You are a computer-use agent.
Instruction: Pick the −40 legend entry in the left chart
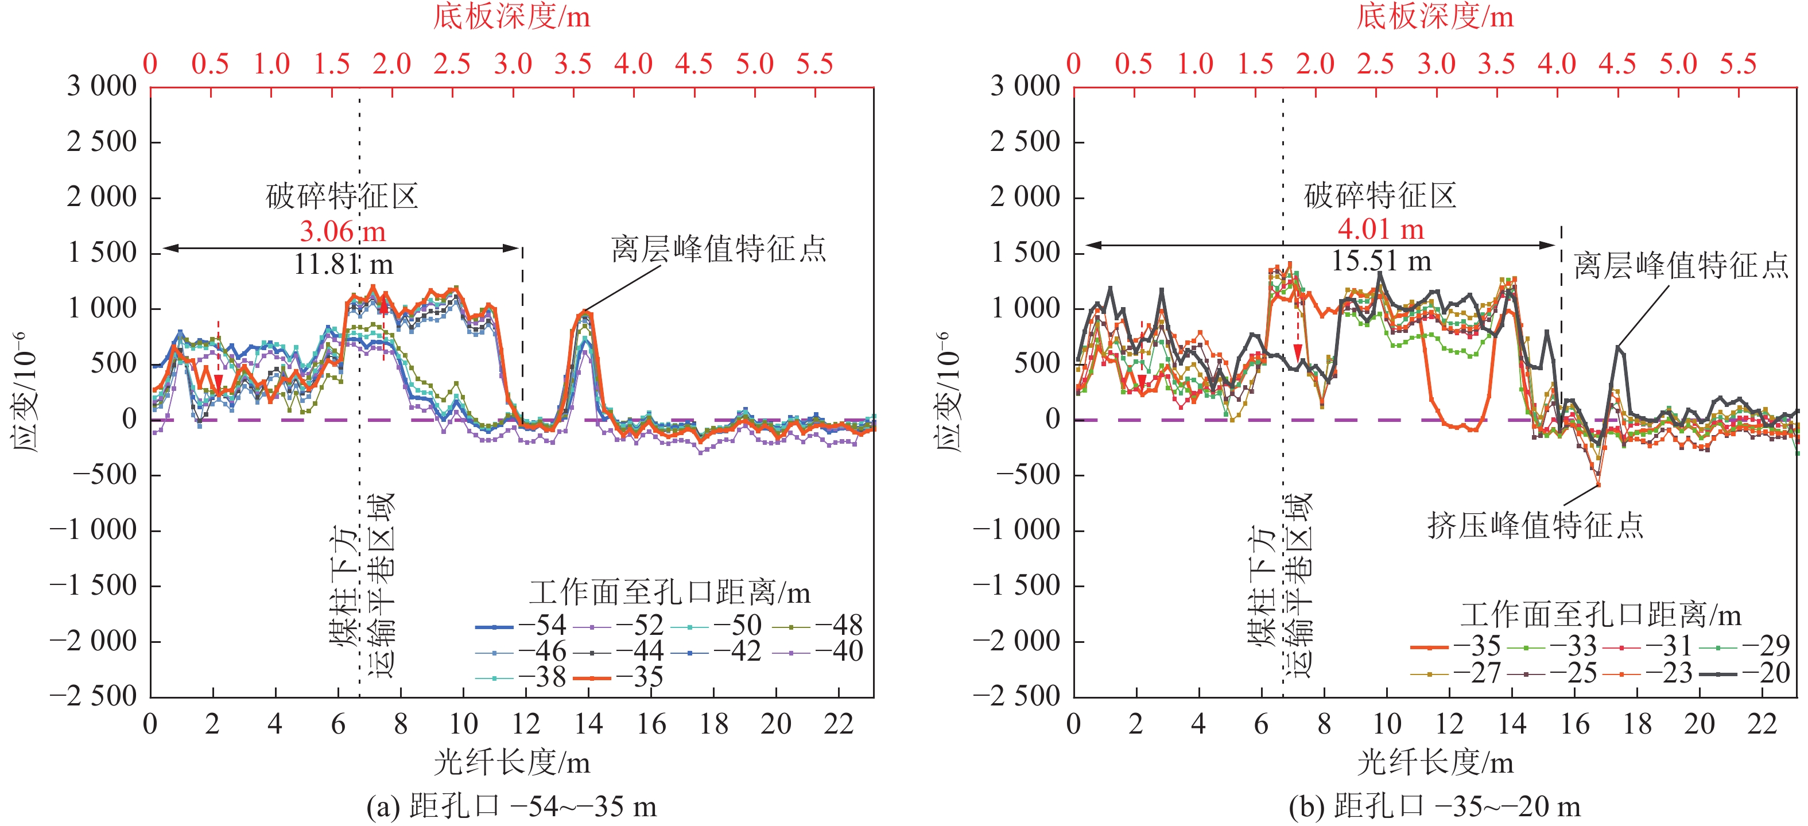coord(818,652)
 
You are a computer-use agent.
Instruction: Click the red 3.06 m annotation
coord(343,231)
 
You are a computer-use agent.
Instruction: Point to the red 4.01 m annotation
coord(1380,229)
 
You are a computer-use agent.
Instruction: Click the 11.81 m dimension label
coord(343,265)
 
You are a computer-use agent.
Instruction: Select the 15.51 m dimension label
coord(1380,261)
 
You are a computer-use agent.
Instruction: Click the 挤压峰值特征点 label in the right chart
coord(1535,525)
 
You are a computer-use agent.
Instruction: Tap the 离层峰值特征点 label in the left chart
coord(718,249)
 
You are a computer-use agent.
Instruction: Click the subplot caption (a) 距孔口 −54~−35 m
coord(511,806)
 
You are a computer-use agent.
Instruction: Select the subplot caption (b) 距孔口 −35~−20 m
coord(1434,806)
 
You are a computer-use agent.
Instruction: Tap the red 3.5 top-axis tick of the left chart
coord(573,64)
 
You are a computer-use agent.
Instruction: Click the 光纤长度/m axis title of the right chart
coord(1434,763)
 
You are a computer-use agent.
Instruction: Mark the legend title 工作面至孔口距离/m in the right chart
coord(1600,615)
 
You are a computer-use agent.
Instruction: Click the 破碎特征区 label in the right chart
coord(1380,196)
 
